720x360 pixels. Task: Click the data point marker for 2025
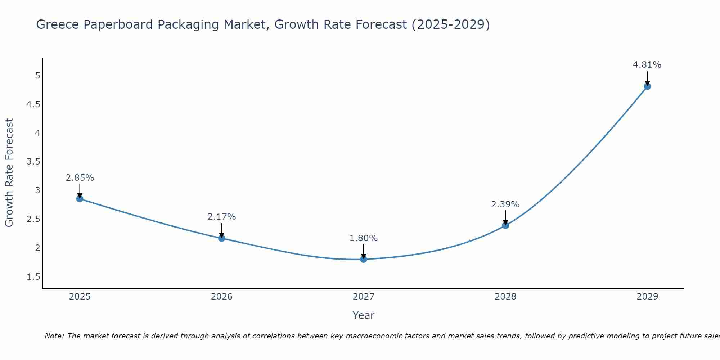pyautogui.click(x=80, y=199)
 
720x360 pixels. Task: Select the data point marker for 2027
pyautogui.click(x=364, y=259)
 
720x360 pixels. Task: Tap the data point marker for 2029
pyautogui.click(x=647, y=86)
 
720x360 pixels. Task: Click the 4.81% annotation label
pyautogui.click(x=647, y=65)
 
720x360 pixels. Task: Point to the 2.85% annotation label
pyautogui.click(x=80, y=178)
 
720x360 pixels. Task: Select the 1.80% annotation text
pyautogui.click(x=364, y=238)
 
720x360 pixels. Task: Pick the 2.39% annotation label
pyautogui.click(x=505, y=204)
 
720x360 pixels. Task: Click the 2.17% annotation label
pyautogui.click(x=221, y=217)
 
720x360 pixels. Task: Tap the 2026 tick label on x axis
pyautogui.click(x=221, y=297)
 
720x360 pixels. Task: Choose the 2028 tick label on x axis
pyautogui.click(x=505, y=297)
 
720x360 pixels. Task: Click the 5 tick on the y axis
pyautogui.click(x=37, y=76)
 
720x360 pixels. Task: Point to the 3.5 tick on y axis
pyautogui.click(x=33, y=162)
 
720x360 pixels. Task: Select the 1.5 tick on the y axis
pyautogui.click(x=33, y=277)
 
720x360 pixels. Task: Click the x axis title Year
pyautogui.click(x=363, y=315)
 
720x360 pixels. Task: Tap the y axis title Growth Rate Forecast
pyautogui.click(x=9, y=172)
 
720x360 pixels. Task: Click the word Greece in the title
pyautogui.click(x=58, y=24)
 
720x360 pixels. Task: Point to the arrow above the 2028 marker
pyautogui.click(x=505, y=217)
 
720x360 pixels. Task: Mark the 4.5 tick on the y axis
pyautogui.click(x=33, y=104)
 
